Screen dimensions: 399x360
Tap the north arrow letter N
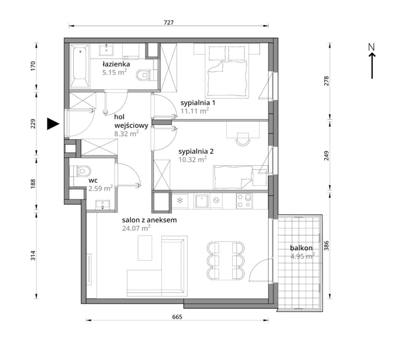372,47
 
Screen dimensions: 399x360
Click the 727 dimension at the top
169,22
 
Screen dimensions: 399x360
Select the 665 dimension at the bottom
177,317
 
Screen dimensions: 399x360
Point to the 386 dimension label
327,246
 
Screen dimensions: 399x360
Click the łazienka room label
116,64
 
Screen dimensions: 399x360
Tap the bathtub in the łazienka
80,66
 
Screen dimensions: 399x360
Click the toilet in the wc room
81,171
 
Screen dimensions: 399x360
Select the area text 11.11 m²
195,111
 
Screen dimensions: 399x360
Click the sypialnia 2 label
196,151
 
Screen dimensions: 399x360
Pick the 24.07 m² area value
136,228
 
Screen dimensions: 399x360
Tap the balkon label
301,248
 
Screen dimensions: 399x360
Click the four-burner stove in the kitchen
244,201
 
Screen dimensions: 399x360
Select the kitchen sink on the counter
202,201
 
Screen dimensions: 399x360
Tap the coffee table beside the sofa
145,248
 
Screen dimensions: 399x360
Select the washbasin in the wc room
103,205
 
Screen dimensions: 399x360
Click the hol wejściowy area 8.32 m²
127,133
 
